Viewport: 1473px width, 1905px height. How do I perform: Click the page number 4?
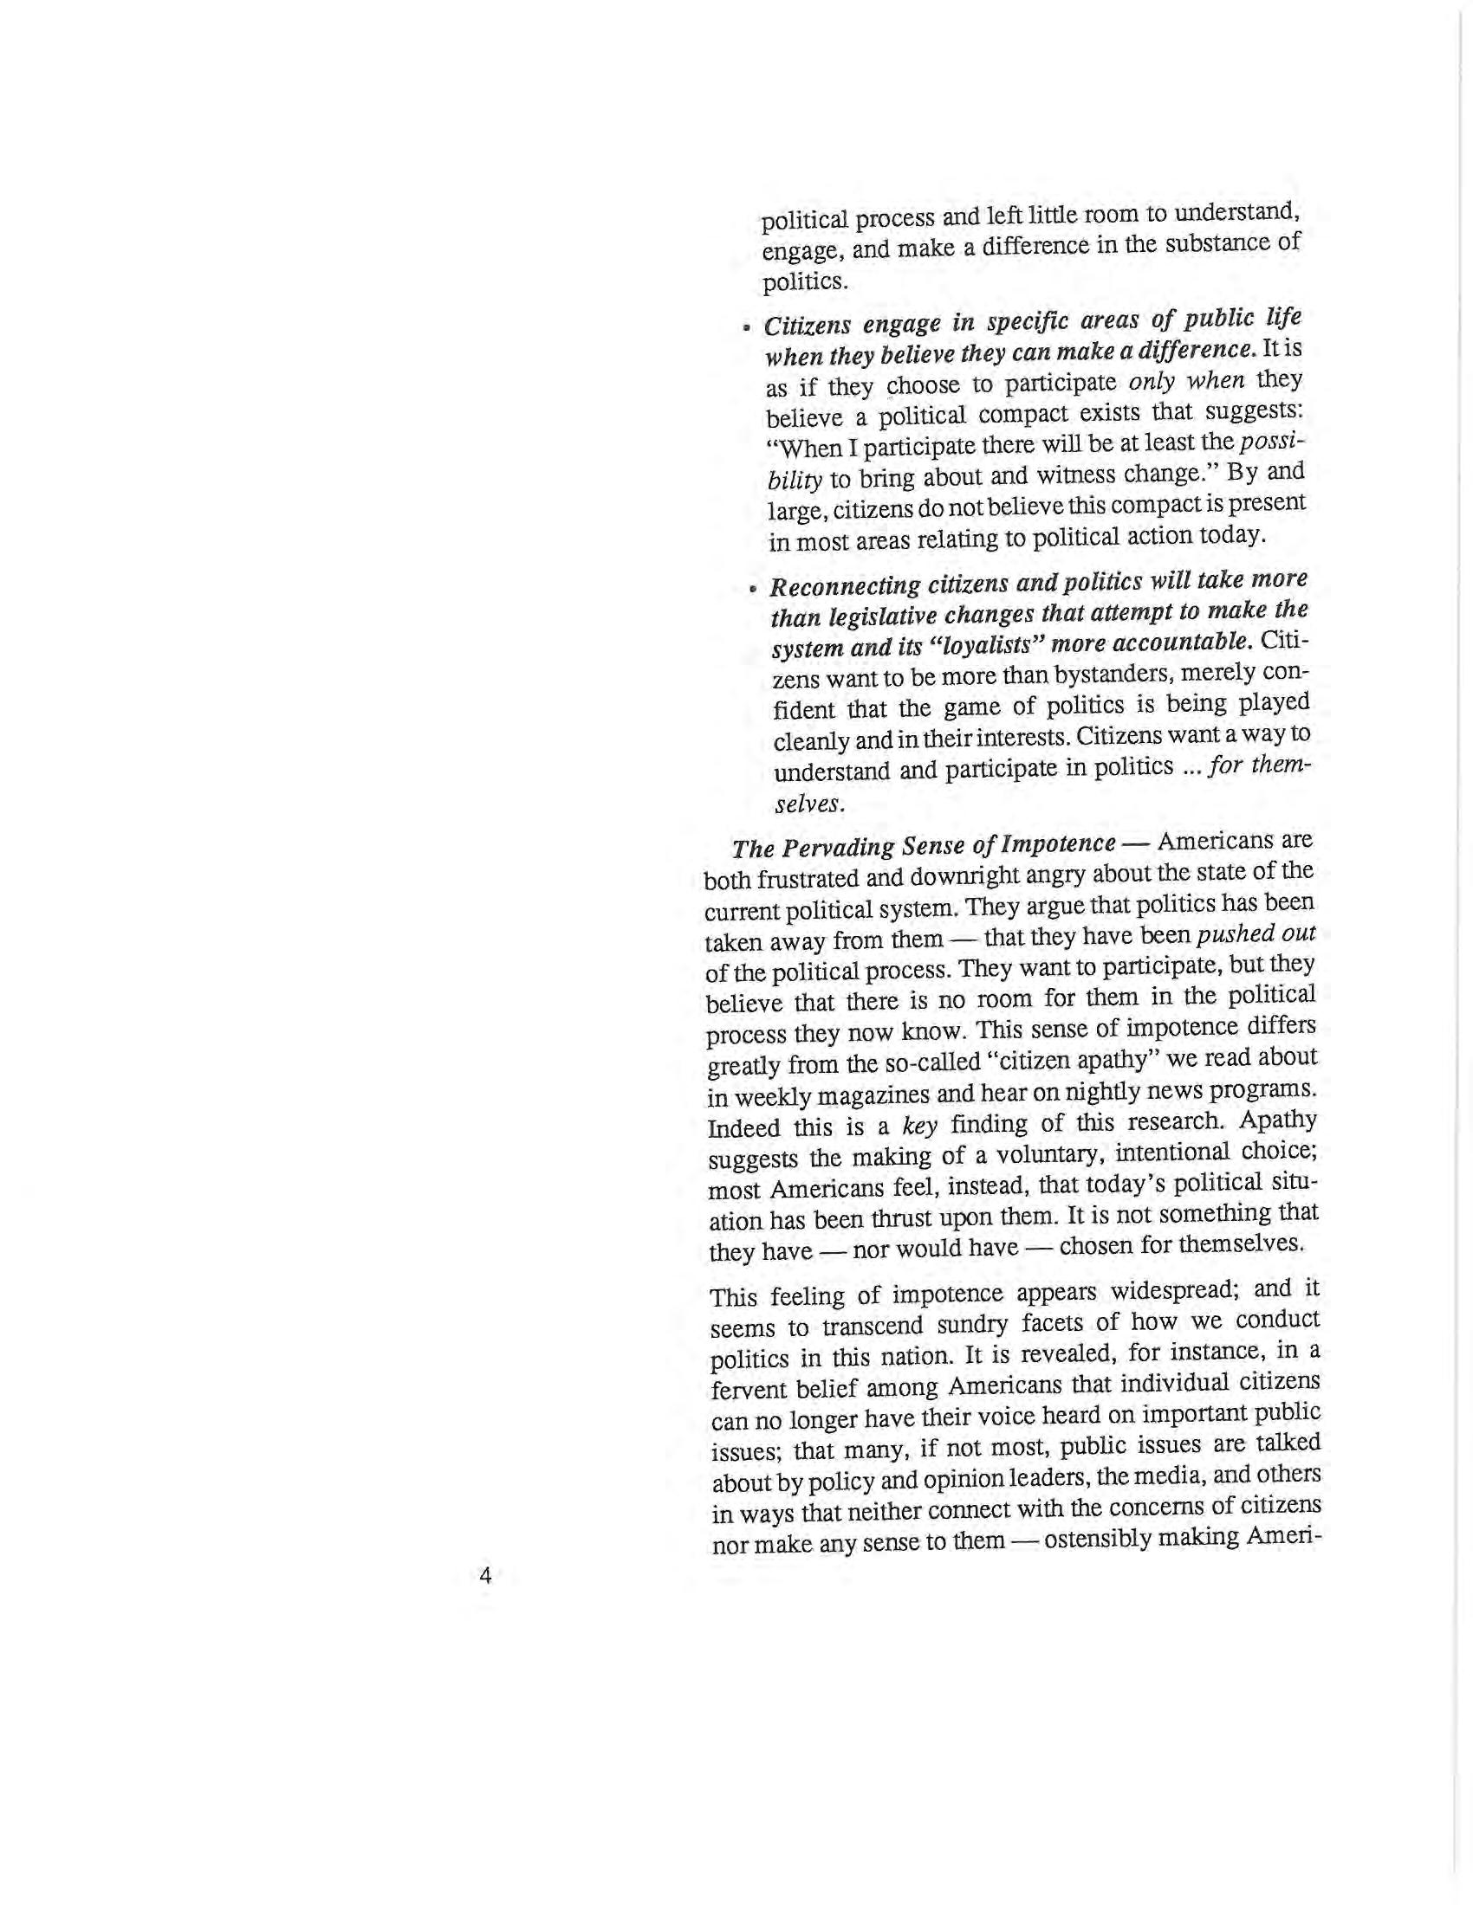(x=486, y=1575)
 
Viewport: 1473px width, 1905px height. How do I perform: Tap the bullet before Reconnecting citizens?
(x=752, y=589)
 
